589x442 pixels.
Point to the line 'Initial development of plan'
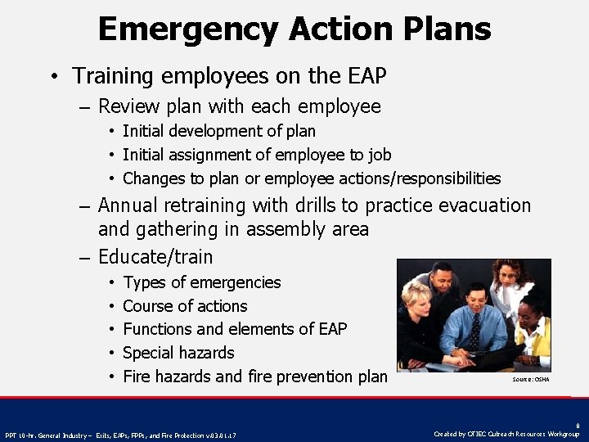pyautogui.click(x=218, y=131)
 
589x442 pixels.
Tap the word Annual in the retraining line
pyautogui.click(x=131, y=205)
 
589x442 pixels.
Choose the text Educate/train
pyautogui.click(x=155, y=257)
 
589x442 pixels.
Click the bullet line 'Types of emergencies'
pyautogui.click(x=201, y=282)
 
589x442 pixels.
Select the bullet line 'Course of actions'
pyautogui.click(x=185, y=306)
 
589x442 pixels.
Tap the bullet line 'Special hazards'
pyautogui.click(x=178, y=353)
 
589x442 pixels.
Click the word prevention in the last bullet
pyautogui.click(x=314, y=377)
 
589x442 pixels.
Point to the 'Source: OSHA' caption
pyautogui.click(x=530, y=379)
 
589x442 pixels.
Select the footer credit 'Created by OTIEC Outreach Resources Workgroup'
pyautogui.click(x=506, y=434)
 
